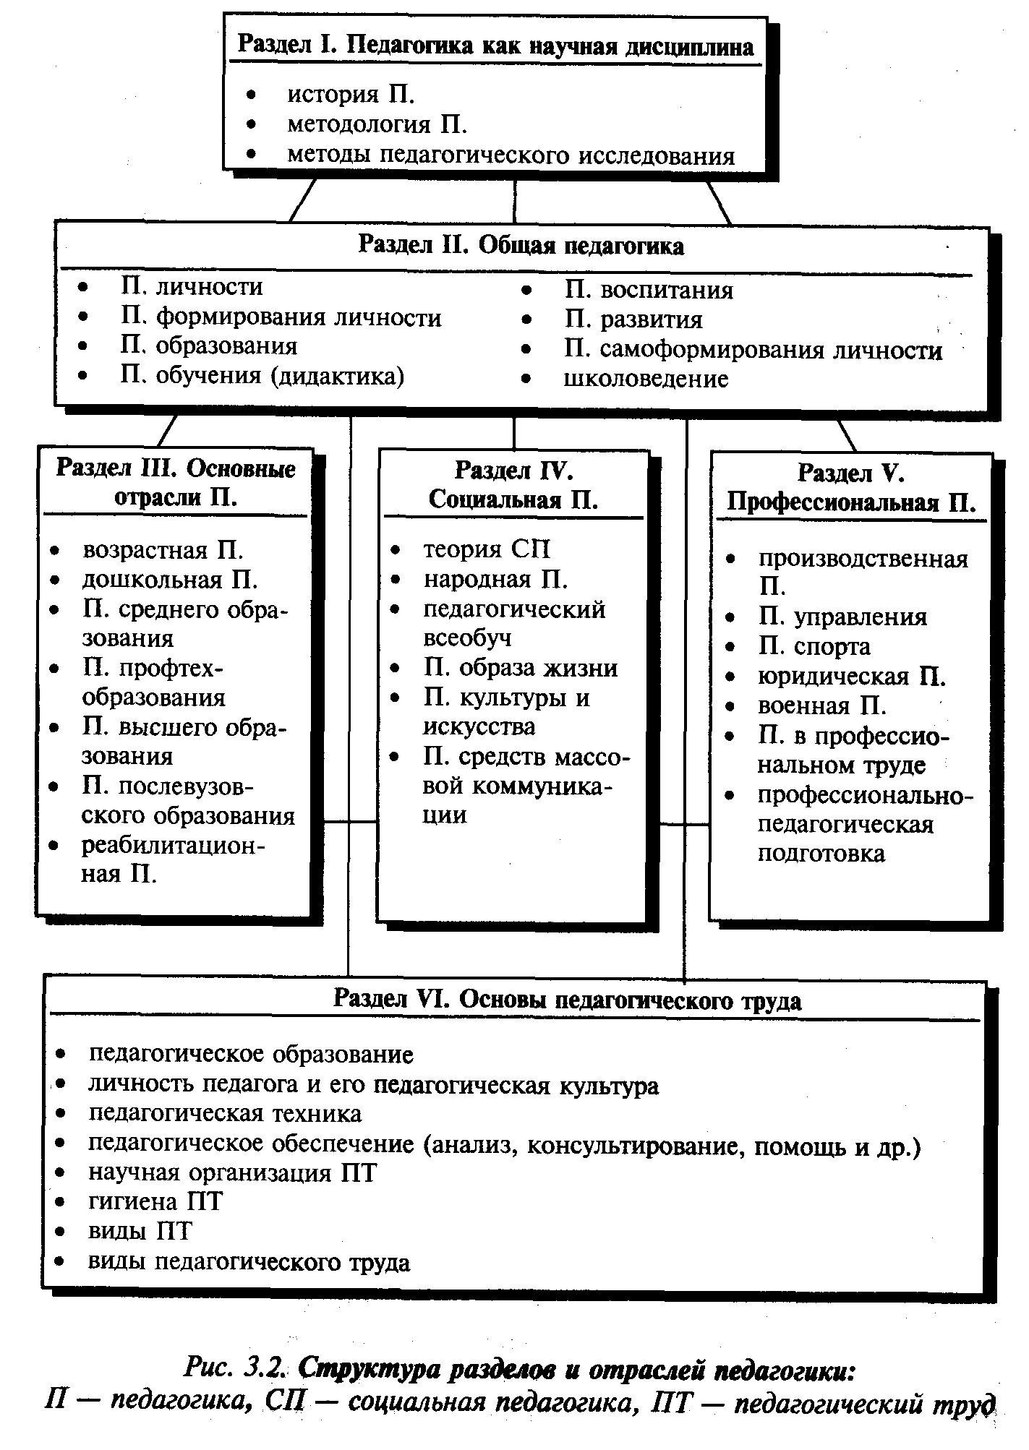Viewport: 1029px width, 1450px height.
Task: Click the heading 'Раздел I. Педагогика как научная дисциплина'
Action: (x=495, y=47)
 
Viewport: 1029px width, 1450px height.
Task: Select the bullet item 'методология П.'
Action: (x=377, y=125)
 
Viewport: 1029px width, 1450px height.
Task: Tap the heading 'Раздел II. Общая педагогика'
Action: (x=521, y=246)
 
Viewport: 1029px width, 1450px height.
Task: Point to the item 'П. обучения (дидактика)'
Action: (x=262, y=376)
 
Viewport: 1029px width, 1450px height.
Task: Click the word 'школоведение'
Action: (x=646, y=379)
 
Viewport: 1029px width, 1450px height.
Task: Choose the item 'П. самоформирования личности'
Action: (x=753, y=350)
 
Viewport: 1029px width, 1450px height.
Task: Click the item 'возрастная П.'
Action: (x=163, y=550)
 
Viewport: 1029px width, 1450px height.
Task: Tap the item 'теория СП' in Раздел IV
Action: (x=486, y=549)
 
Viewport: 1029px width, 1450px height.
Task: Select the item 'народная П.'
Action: (x=495, y=580)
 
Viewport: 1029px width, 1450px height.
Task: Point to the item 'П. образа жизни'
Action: (x=520, y=668)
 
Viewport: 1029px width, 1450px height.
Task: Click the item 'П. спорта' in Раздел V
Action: (x=814, y=647)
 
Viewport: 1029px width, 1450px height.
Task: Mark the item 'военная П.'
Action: (x=821, y=706)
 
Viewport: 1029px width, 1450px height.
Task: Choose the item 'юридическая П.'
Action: (x=852, y=677)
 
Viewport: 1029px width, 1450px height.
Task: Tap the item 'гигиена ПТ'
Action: (x=155, y=1201)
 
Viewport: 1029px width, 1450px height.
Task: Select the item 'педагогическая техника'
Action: (x=225, y=1113)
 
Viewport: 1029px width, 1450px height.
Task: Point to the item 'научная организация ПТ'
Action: (x=232, y=1172)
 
